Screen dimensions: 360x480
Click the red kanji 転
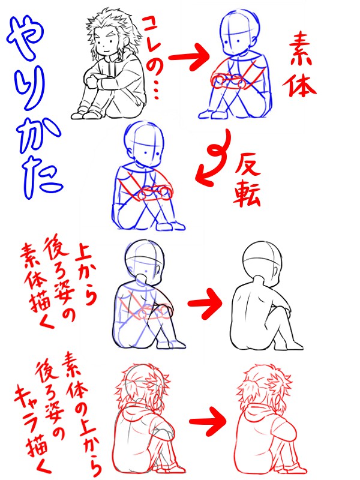[x=247, y=196]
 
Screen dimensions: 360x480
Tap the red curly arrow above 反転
[x=214, y=158]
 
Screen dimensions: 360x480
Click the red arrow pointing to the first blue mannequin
[x=189, y=57]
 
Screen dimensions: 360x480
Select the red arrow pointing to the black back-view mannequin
[x=205, y=303]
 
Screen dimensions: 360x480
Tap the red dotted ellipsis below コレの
[x=156, y=90]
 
